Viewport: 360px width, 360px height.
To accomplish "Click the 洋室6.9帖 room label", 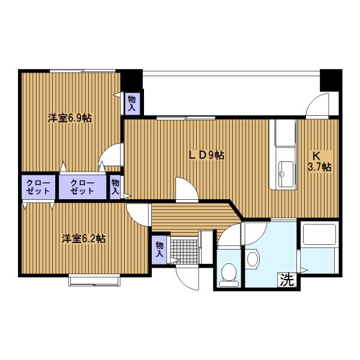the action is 70,118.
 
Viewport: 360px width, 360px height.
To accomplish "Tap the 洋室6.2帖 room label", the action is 83,239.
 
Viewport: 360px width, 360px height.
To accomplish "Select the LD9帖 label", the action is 206,155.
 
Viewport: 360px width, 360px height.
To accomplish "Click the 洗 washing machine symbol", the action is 287,280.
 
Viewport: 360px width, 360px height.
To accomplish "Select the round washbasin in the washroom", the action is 253,259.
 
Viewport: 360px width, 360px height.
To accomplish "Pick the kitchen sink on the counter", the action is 286,174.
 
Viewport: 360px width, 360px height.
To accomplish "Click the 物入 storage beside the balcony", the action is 132,104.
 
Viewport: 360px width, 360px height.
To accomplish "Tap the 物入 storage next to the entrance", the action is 160,250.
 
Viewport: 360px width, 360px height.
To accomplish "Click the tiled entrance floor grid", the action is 184,252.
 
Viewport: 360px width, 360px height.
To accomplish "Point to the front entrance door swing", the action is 187,278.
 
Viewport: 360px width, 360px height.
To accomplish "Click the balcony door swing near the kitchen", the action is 317,106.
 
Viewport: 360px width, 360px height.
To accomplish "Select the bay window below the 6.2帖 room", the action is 94,280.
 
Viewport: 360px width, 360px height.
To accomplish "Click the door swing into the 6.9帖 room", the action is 111,155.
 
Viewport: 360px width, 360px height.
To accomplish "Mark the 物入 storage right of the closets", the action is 115,187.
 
